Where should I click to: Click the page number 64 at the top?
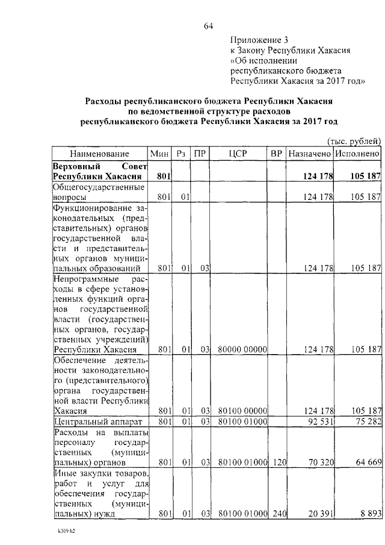(x=209, y=25)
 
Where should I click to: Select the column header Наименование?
(x=99, y=154)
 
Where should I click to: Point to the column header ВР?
(x=277, y=154)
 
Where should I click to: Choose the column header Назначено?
(x=310, y=154)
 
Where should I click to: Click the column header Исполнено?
(x=358, y=154)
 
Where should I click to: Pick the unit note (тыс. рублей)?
(x=354, y=141)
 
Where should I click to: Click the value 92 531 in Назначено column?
(x=319, y=421)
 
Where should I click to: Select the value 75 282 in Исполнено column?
(x=366, y=421)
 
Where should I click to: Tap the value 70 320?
(x=319, y=463)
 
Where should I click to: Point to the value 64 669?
(x=366, y=463)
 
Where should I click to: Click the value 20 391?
(x=319, y=515)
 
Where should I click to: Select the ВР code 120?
(x=277, y=463)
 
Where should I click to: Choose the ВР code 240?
(x=277, y=515)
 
